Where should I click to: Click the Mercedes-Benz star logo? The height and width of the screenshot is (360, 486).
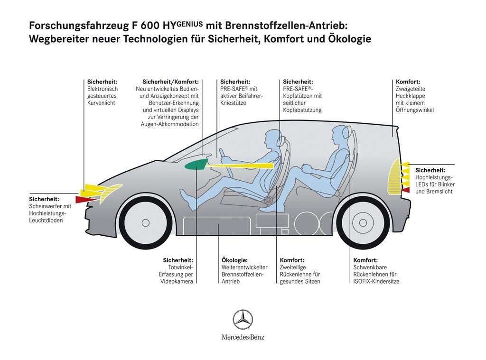[243, 319]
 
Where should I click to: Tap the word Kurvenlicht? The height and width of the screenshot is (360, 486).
[101, 103]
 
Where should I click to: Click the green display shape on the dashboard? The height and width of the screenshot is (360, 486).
[196, 164]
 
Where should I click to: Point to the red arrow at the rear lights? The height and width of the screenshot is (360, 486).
[405, 190]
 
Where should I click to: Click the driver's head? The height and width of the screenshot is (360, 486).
[270, 139]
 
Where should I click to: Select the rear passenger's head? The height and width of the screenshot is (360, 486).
[340, 134]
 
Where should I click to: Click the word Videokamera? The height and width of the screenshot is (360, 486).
[177, 281]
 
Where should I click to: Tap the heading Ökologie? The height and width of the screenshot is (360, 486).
[234, 260]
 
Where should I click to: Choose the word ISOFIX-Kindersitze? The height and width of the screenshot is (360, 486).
[376, 281]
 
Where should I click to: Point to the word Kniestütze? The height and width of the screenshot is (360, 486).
[233, 103]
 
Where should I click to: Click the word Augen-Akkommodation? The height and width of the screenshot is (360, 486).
[169, 124]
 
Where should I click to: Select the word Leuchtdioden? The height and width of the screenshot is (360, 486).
[46, 221]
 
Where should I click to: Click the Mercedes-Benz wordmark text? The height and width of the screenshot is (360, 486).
[243, 337]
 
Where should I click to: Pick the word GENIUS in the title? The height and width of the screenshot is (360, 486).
[190, 22]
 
